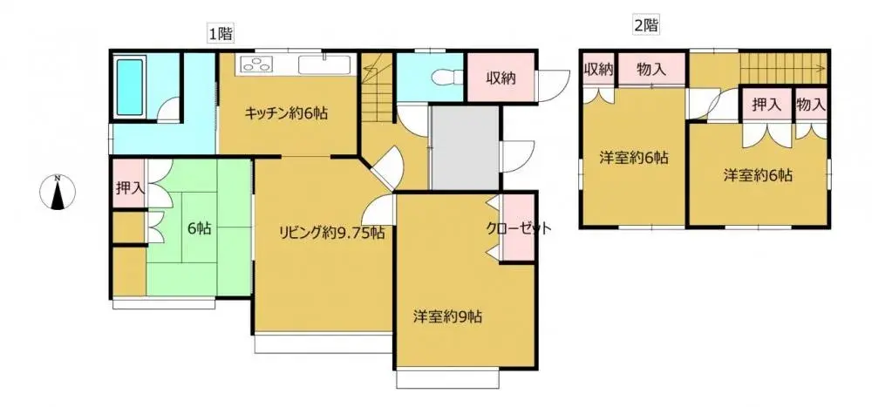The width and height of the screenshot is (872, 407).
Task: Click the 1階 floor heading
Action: (x=219, y=35)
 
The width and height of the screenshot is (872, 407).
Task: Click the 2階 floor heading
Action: (x=645, y=25)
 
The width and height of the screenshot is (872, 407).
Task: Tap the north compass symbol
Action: (x=58, y=193)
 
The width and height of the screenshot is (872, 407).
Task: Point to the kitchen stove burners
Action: (x=257, y=64)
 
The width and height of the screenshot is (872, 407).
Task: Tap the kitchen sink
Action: (x=324, y=65)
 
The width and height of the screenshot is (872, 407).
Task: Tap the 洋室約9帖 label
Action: (x=447, y=317)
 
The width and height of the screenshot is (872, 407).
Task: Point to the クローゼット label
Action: (x=520, y=228)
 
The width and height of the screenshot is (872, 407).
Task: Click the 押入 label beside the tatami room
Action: (x=129, y=187)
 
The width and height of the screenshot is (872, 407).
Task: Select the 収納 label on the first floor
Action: (x=500, y=78)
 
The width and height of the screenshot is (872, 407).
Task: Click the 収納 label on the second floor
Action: (x=599, y=69)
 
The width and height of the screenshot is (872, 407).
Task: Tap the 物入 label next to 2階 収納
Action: (x=652, y=69)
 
